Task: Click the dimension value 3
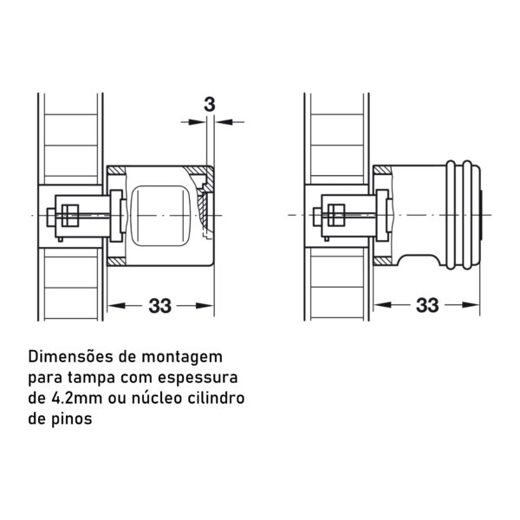click(209, 105)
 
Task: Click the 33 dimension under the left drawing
click(159, 306)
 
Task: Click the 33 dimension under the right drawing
click(427, 305)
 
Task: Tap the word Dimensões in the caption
click(71, 357)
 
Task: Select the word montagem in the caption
click(182, 357)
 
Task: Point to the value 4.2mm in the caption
click(76, 398)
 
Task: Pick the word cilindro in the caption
click(216, 398)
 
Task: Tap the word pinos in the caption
click(72, 419)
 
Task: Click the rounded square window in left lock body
click(159, 216)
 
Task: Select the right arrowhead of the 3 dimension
click(224, 122)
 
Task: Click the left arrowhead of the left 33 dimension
click(116, 305)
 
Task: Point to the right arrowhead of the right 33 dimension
click(471, 305)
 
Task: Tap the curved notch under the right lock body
click(419, 260)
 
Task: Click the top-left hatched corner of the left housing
click(116, 171)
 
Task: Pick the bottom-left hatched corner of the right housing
click(382, 261)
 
